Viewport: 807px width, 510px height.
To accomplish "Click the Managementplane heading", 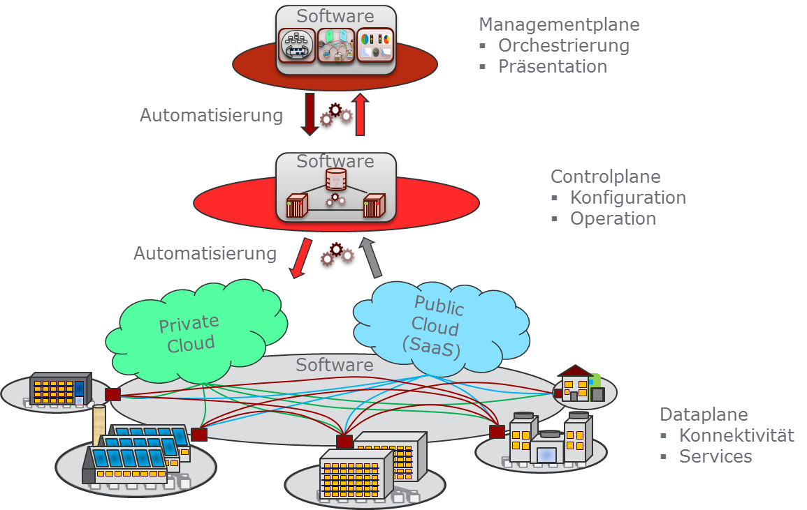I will click(559, 25).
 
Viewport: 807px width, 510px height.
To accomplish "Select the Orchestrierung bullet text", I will click(563, 46).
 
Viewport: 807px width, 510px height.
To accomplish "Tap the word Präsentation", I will click(552, 67).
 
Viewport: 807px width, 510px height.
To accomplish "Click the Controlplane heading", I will click(605, 177).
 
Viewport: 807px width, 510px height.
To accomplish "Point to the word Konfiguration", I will click(627, 197).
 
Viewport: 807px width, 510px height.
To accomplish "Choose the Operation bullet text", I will click(613, 218).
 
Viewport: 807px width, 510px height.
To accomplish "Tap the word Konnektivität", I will click(736, 435).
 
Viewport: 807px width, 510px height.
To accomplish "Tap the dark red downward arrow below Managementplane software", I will click(309, 113).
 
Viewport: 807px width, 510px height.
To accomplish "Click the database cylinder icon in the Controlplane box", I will click(336, 179).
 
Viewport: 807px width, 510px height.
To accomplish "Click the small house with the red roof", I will click(576, 383).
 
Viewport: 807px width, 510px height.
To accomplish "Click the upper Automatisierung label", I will click(211, 115).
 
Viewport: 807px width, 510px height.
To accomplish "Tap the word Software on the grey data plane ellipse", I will click(334, 365).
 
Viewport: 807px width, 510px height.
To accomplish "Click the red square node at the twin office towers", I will click(344, 441).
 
